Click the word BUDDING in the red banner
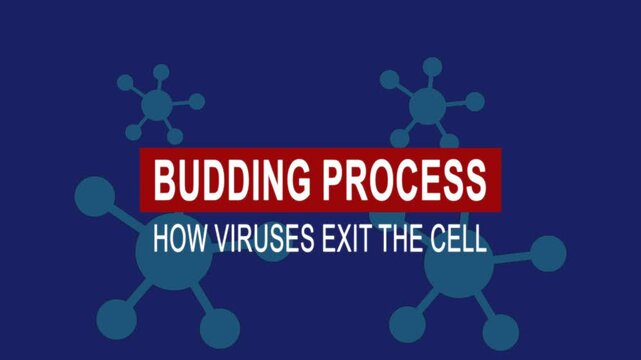click(x=233, y=181)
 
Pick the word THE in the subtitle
click(x=403, y=240)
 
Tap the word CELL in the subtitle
click(x=460, y=240)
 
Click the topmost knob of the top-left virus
click(x=160, y=71)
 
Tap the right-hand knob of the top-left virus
click(x=197, y=101)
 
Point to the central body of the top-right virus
click(x=427, y=105)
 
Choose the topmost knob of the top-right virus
click(x=432, y=66)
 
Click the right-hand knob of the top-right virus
click(x=475, y=101)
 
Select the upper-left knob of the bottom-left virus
click(x=94, y=195)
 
